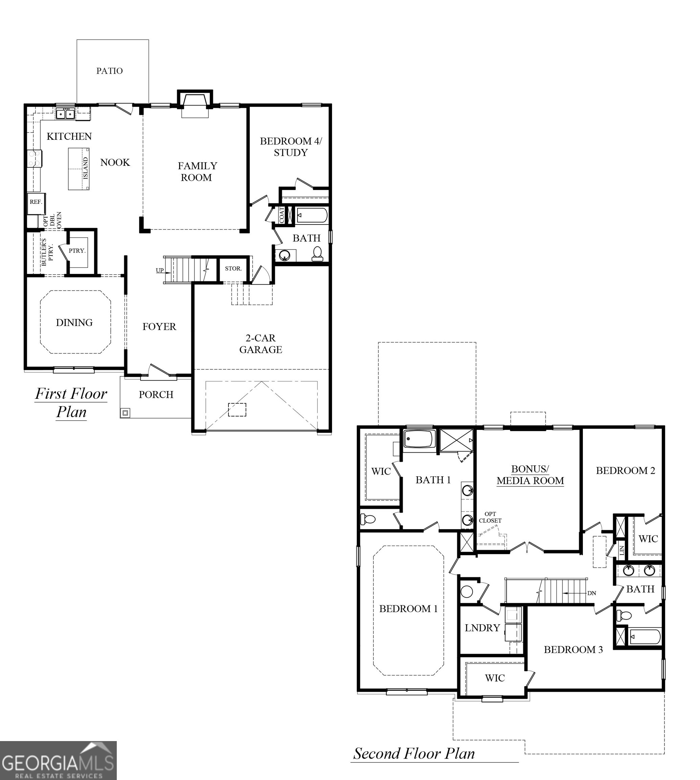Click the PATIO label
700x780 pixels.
tap(109, 71)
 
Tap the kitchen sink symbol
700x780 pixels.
tap(65, 114)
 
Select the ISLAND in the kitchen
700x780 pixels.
tap(79, 169)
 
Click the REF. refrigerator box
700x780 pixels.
tap(36, 202)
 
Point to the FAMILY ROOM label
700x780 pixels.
tap(197, 172)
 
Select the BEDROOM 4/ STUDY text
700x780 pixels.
tap(290, 147)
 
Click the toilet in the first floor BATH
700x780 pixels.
tap(317, 254)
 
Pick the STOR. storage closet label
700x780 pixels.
tap(233, 268)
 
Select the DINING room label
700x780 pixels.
tap(74, 322)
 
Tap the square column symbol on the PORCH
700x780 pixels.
tap(125, 413)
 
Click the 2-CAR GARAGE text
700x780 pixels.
tap(260, 344)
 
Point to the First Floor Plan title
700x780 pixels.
tap(71, 402)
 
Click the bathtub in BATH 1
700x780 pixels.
tap(419, 439)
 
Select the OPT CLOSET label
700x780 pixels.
tap(490, 517)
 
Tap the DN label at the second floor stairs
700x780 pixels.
tap(592, 593)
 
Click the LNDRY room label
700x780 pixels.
tap(482, 628)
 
